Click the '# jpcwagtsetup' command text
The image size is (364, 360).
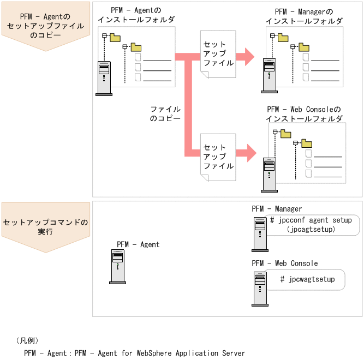[x=307, y=279]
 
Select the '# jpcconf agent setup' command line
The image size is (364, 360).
[x=311, y=220]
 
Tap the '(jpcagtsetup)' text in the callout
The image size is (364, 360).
[x=311, y=230]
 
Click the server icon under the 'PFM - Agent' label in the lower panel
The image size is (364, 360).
[x=117, y=267]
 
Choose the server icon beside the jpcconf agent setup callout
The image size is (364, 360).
[x=260, y=235]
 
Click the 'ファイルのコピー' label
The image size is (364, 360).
[x=165, y=113]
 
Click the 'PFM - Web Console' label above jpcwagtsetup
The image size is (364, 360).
[x=285, y=263]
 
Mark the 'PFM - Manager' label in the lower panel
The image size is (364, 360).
[x=277, y=209]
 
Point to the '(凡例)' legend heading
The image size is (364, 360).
[x=27, y=340]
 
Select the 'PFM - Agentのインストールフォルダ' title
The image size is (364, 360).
[x=136, y=15]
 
